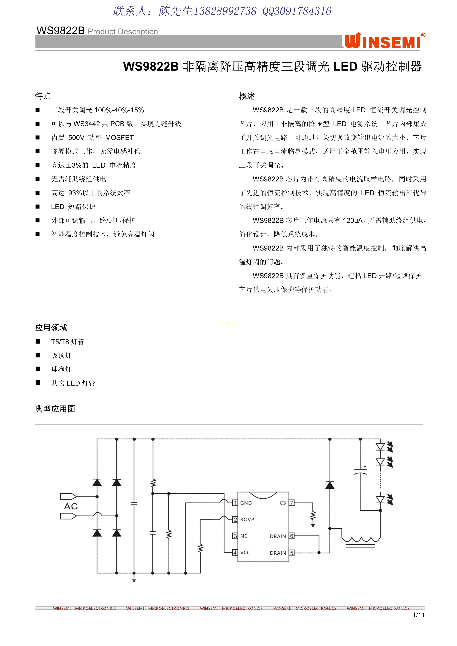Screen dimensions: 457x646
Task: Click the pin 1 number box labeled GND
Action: pos(235,503)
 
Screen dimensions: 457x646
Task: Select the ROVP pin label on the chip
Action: pos(247,519)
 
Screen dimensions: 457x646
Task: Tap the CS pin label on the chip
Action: pos(282,503)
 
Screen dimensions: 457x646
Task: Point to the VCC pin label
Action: pos(245,553)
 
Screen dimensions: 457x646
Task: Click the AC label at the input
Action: pos(71,506)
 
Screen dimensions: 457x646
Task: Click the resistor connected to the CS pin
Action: pos(313,516)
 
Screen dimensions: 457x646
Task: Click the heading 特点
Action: pos(43,96)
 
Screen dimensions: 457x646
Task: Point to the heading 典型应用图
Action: pos(55,409)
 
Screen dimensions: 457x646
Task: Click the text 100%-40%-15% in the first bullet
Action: pos(119,110)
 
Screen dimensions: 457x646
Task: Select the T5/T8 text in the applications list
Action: pos(60,342)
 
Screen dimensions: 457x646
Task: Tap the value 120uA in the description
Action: pos(353,221)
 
